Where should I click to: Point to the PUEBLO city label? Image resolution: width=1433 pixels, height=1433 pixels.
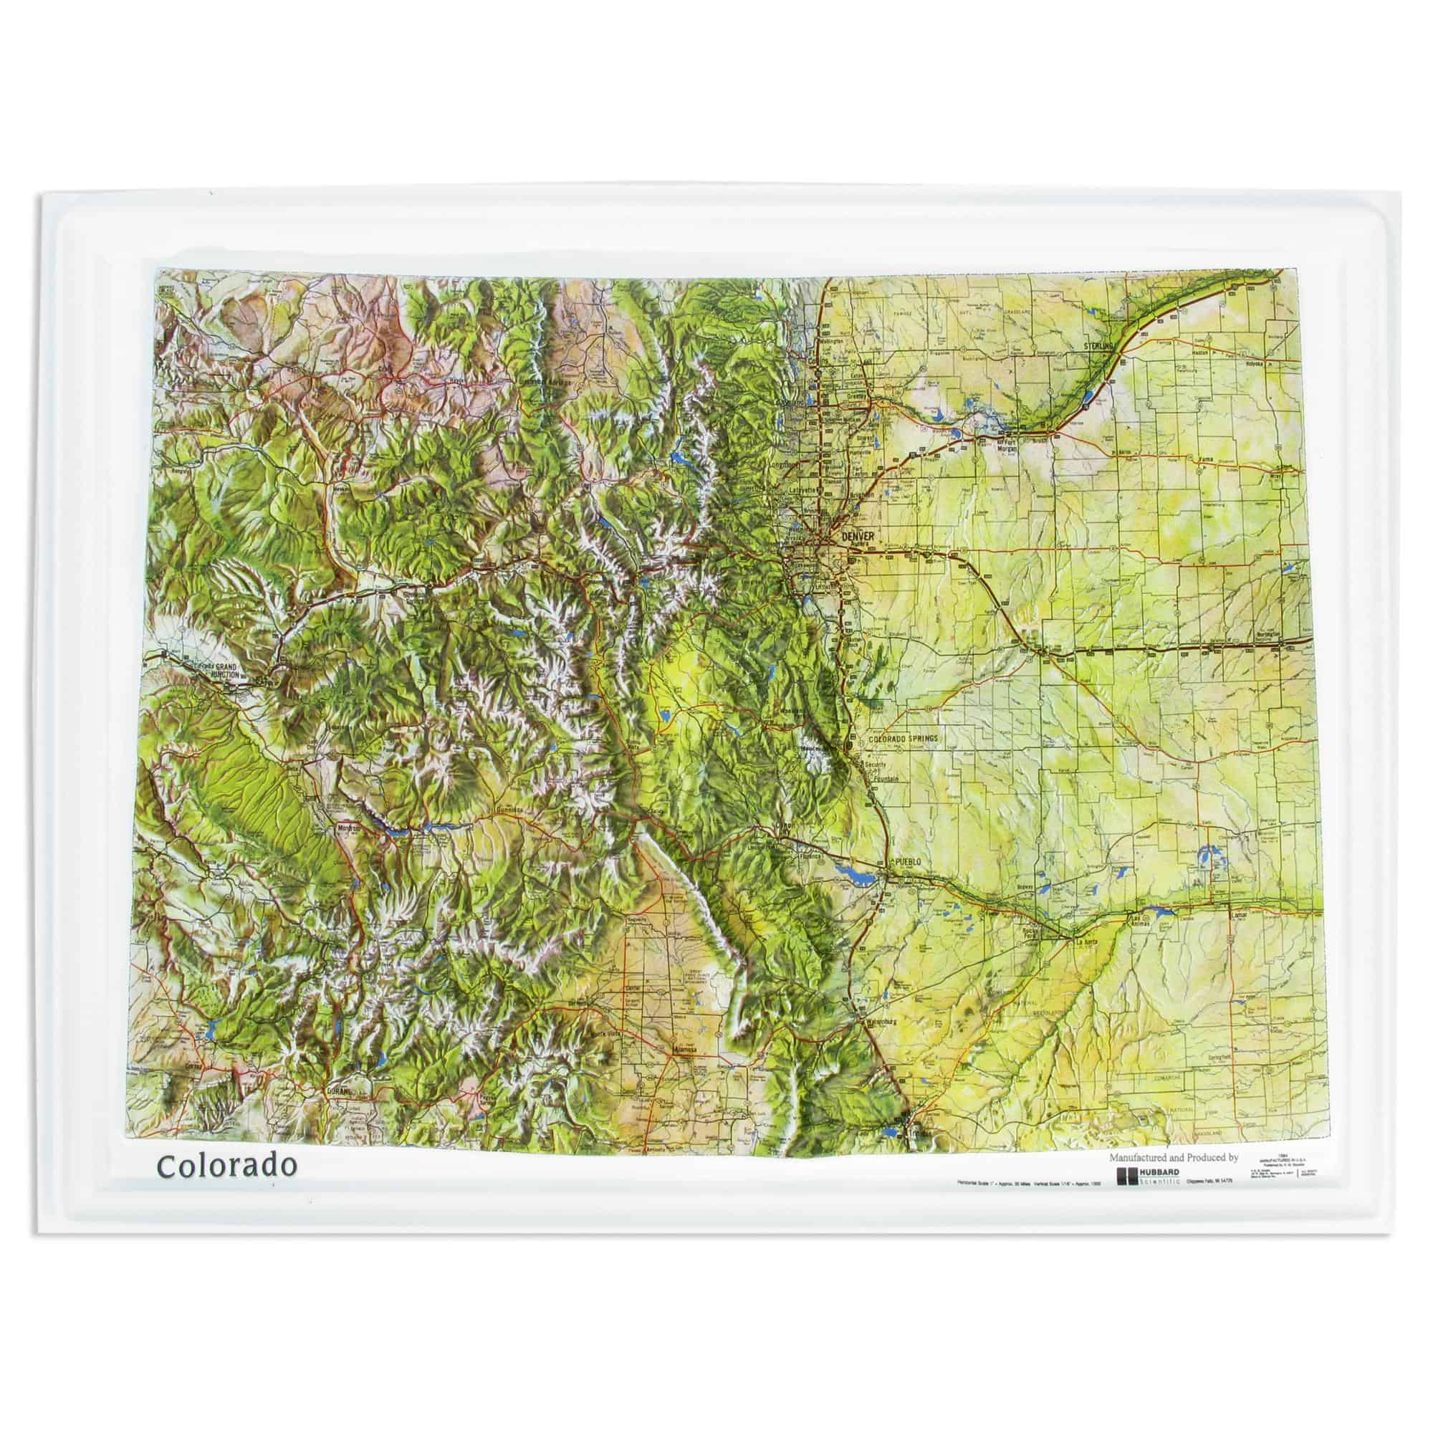pos(908,862)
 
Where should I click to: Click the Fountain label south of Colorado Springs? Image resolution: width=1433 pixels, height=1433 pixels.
pos(885,780)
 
